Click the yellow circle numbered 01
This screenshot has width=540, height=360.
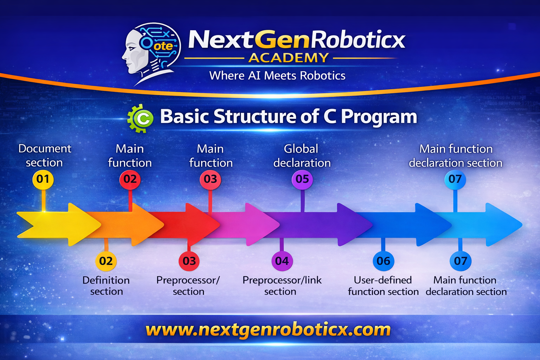coord(43,179)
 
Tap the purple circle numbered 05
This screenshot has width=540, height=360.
coord(302,179)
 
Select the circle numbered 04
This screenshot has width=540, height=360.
coord(282,261)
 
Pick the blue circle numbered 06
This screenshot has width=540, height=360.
coord(383,261)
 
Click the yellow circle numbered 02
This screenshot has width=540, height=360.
coord(106,261)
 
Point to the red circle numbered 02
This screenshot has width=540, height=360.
coord(130,179)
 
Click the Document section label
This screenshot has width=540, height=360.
coord(45,155)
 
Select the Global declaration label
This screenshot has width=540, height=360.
coord(302,156)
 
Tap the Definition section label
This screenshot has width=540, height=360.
coord(106,285)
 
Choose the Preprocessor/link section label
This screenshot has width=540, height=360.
coord(282,285)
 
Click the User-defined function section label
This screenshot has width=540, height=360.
coord(383,285)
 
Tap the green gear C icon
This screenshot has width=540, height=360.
coord(140,118)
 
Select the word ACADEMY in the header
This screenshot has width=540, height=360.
coord(289,58)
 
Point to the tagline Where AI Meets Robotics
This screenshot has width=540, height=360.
coord(277,76)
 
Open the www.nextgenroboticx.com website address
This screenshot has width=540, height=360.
coord(268,330)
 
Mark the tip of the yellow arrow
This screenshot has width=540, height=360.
coord(100,224)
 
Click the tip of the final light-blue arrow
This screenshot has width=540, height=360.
coord(521,224)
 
